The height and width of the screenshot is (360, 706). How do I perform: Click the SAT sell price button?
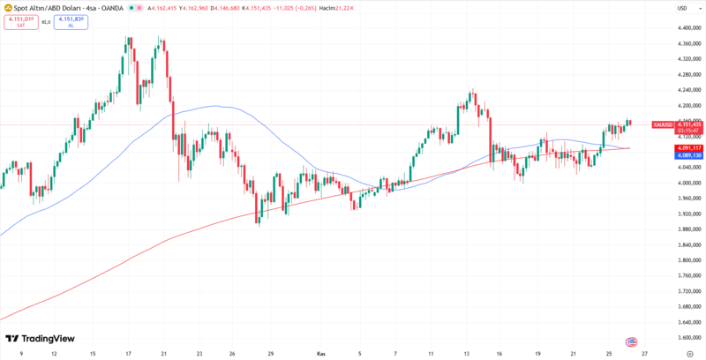[19, 21]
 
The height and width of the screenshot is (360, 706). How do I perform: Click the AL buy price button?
[71, 21]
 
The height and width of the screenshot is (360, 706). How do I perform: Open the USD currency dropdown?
[682, 8]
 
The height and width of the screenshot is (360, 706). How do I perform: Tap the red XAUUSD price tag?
[674, 125]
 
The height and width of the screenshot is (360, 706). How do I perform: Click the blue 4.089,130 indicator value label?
[674, 154]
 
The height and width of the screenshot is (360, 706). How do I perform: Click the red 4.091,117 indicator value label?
[674, 147]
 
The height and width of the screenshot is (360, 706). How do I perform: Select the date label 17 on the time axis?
[129, 353]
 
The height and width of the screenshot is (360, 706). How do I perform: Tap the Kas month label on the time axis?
[321, 353]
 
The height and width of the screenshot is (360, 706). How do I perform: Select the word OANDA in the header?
[112, 8]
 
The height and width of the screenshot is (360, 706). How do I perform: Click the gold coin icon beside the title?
[6, 8]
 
